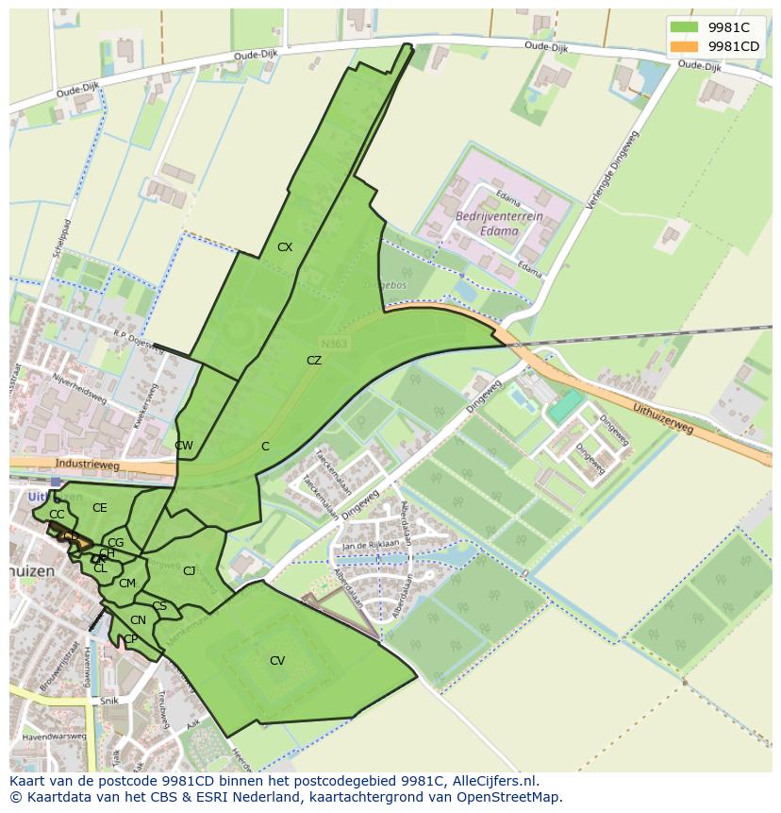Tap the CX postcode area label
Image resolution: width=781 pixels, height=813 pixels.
pos(285,247)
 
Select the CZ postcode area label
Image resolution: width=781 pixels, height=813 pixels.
pos(314,361)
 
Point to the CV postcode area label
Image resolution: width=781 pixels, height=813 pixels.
pos(276,661)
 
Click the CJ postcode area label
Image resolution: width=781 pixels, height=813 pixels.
pos(190,571)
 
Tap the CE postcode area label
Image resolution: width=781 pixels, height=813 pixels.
pos(100,508)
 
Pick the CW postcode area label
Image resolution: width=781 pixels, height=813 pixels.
pos(184,446)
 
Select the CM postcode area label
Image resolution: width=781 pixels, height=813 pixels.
pos(127,584)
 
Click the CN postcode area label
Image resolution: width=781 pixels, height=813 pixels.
pos(138,620)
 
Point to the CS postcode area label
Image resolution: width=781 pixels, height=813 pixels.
pos(159,606)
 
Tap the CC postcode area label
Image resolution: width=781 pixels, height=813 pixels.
pos(57,515)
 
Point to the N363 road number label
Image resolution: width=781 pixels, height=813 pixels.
pos(334,345)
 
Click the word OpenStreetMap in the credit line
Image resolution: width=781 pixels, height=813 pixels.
pos(511,797)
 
